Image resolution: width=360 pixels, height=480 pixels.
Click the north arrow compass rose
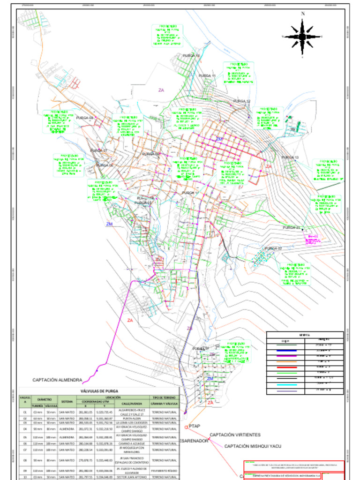click(303, 36)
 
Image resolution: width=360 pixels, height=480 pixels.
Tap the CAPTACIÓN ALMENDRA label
click(57, 380)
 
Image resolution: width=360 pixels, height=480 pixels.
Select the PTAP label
click(195, 426)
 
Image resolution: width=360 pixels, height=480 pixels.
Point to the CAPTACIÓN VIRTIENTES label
click(235, 435)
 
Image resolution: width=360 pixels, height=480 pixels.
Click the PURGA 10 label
click(191, 56)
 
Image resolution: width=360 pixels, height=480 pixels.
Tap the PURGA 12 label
click(242, 101)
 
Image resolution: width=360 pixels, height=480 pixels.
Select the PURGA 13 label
click(290, 157)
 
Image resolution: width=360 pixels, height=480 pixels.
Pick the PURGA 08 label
click(85, 118)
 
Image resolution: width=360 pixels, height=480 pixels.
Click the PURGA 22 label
click(273, 248)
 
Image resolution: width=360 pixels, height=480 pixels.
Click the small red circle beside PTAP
click(186, 427)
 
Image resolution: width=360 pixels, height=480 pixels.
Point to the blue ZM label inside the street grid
click(219, 139)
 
